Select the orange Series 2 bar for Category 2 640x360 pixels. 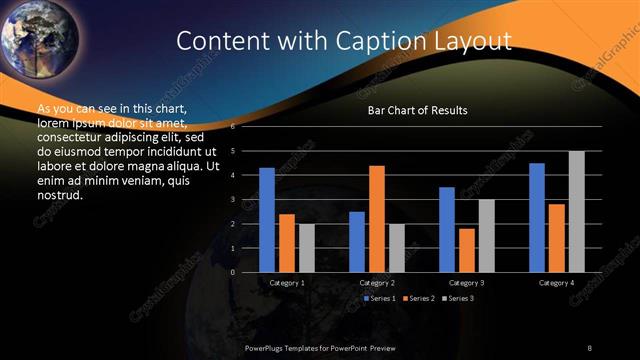377,219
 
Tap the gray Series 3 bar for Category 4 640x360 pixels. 577,211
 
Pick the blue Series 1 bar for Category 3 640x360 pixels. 447,229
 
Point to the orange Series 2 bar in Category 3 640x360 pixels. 467,250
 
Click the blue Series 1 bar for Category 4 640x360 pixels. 537,217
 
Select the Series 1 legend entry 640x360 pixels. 381,298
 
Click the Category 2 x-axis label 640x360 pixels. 377,283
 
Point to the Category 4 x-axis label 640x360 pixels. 557,283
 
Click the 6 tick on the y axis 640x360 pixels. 233,127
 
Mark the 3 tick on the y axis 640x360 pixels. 233,200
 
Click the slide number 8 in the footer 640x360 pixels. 589,347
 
